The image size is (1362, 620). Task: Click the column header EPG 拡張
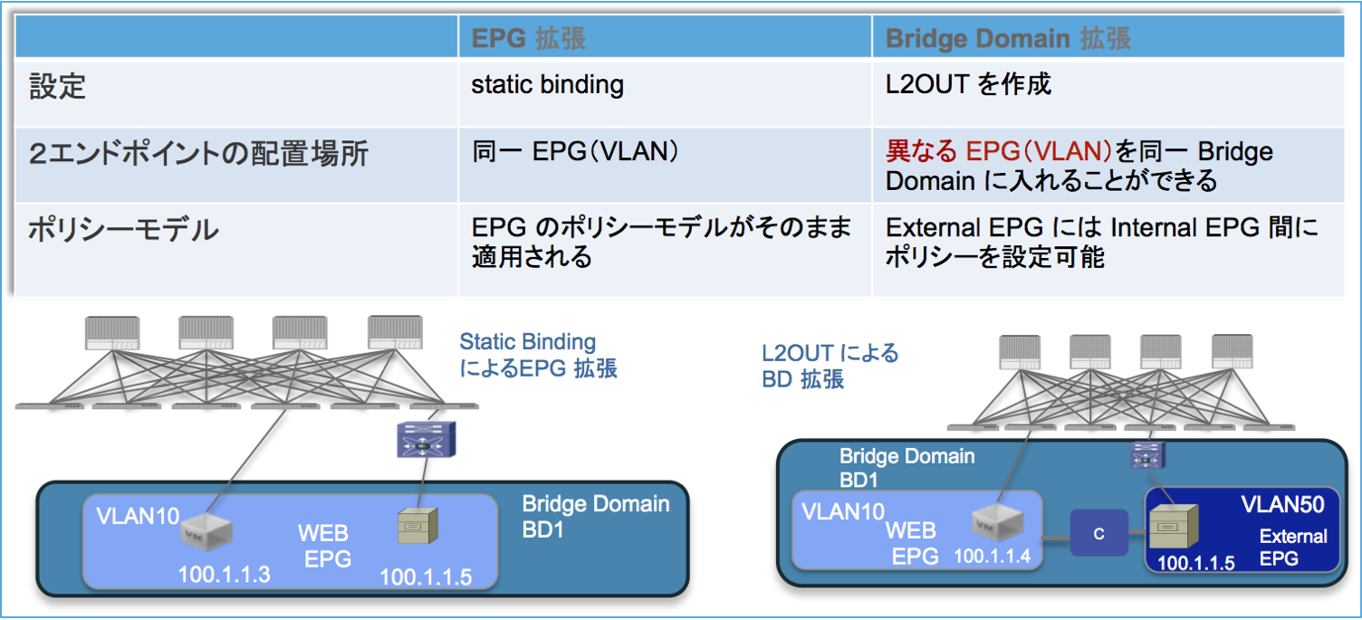tap(528, 39)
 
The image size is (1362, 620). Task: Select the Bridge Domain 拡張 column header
tap(1008, 39)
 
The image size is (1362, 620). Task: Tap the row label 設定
tap(56, 86)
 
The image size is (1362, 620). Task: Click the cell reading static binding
tap(547, 85)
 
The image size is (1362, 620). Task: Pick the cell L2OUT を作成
tap(968, 85)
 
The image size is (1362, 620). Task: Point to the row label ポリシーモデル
tap(123, 229)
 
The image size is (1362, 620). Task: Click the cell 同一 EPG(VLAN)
tap(574, 151)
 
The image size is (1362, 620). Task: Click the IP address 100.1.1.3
tap(224, 573)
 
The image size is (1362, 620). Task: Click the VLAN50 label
tap(1282, 504)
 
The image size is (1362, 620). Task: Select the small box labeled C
tap(1098, 533)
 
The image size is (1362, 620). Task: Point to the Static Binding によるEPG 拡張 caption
tap(538, 356)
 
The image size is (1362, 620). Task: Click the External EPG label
tap(1292, 548)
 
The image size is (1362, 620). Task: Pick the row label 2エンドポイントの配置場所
tap(198, 154)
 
